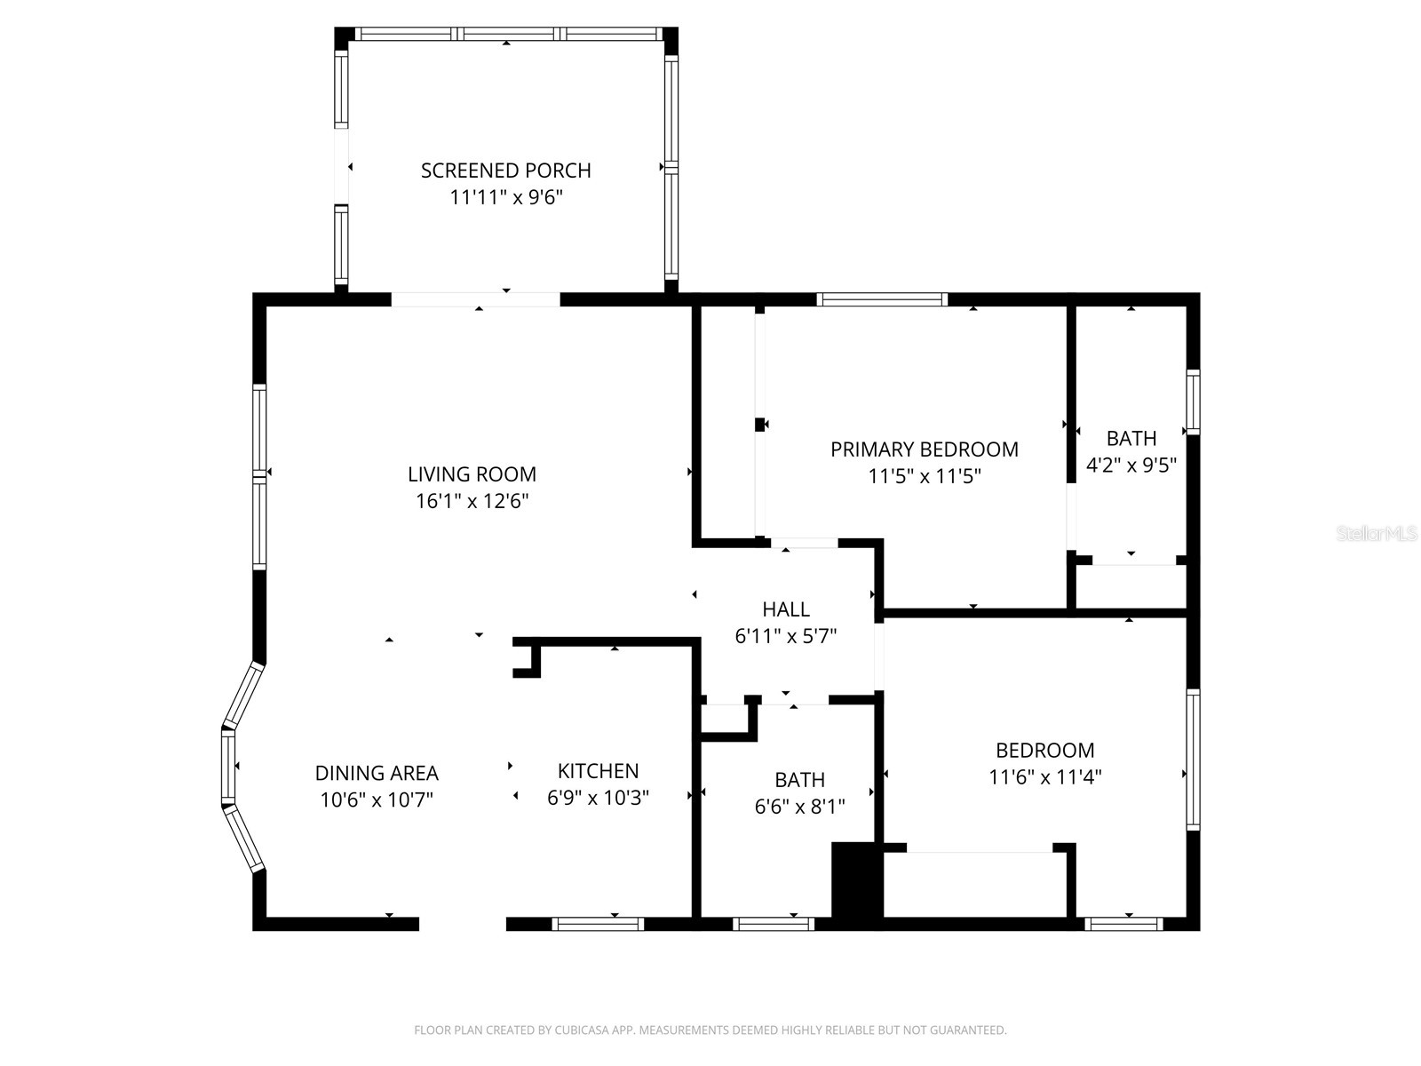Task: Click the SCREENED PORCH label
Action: tap(505, 170)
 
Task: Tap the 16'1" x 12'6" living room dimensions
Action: tap(472, 501)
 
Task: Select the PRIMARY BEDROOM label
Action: tap(924, 449)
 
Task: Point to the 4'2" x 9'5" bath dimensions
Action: tap(1131, 465)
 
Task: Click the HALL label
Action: tap(785, 609)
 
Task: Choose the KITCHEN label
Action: tap(598, 770)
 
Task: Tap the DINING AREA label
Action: tap(377, 773)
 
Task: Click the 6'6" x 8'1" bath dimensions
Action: tap(799, 807)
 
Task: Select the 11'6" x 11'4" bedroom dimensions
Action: tap(1044, 777)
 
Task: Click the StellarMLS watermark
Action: tap(1377, 534)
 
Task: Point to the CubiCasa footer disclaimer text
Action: tap(710, 1030)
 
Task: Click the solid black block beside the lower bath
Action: tap(854, 880)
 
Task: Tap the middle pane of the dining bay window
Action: tap(229, 767)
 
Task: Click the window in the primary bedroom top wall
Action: tap(882, 299)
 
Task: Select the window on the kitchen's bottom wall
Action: tap(598, 924)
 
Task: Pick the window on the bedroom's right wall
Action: tap(1193, 760)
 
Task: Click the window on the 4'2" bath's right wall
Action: tap(1193, 402)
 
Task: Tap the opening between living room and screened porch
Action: tap(476, 299)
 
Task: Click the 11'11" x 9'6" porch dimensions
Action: tap(505, 197)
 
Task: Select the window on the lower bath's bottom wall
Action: tap(774, 924)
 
